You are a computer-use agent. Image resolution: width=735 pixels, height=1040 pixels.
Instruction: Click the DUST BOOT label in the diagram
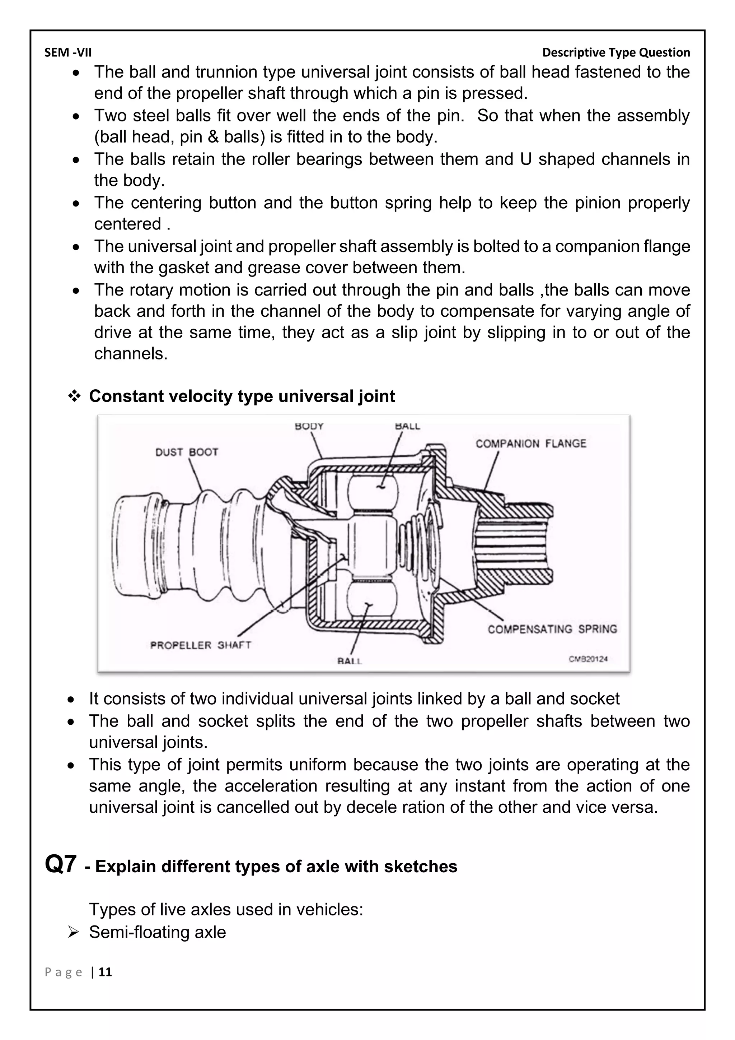click(187, 452)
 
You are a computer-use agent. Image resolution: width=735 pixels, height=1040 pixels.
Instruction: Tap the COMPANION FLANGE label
click(530, 444)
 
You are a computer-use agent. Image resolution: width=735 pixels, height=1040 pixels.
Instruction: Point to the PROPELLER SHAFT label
click(201, 645)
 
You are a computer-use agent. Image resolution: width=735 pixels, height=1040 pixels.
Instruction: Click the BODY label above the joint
click(309, 426)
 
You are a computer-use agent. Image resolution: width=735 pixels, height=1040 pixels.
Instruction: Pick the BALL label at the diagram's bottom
click(350, 661)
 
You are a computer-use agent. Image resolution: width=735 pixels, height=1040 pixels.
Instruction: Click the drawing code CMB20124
click(588, 659)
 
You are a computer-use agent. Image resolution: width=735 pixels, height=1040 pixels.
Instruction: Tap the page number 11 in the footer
click(106, 972)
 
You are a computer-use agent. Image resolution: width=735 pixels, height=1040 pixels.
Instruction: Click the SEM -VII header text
click(68, 52)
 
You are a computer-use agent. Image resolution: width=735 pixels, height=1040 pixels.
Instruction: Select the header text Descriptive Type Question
click(616, 52)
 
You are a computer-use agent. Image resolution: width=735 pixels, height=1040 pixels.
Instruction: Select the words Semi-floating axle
click(157, 932)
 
